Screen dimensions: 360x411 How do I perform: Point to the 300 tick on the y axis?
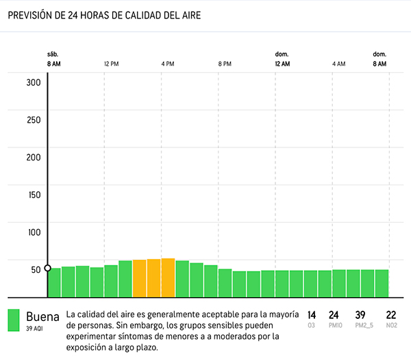click(34, 83)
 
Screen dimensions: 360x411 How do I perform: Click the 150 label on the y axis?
click(34, 194)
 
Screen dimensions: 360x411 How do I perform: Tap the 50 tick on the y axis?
click(35, 269)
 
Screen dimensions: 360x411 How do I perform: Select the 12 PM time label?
click(112, 64)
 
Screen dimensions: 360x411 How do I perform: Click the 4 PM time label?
click(168, 64)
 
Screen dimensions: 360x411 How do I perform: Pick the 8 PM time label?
click(225, 64)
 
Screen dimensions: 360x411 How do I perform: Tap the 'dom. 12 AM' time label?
click(282, 59)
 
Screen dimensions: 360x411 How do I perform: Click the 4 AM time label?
click(339, 64)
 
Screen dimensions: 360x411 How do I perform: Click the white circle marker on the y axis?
click(47, 268)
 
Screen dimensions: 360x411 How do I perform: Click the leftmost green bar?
click(54, 283)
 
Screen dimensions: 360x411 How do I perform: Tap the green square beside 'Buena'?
click(14, 321)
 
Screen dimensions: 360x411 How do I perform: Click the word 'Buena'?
click(42, 317)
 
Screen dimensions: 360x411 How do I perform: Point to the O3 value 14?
click(312, 315)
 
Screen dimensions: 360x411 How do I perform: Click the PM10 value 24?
click(334, 315)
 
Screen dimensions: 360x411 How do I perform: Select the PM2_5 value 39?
click(360, 315)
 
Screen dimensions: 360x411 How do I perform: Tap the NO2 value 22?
click(391, 315)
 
